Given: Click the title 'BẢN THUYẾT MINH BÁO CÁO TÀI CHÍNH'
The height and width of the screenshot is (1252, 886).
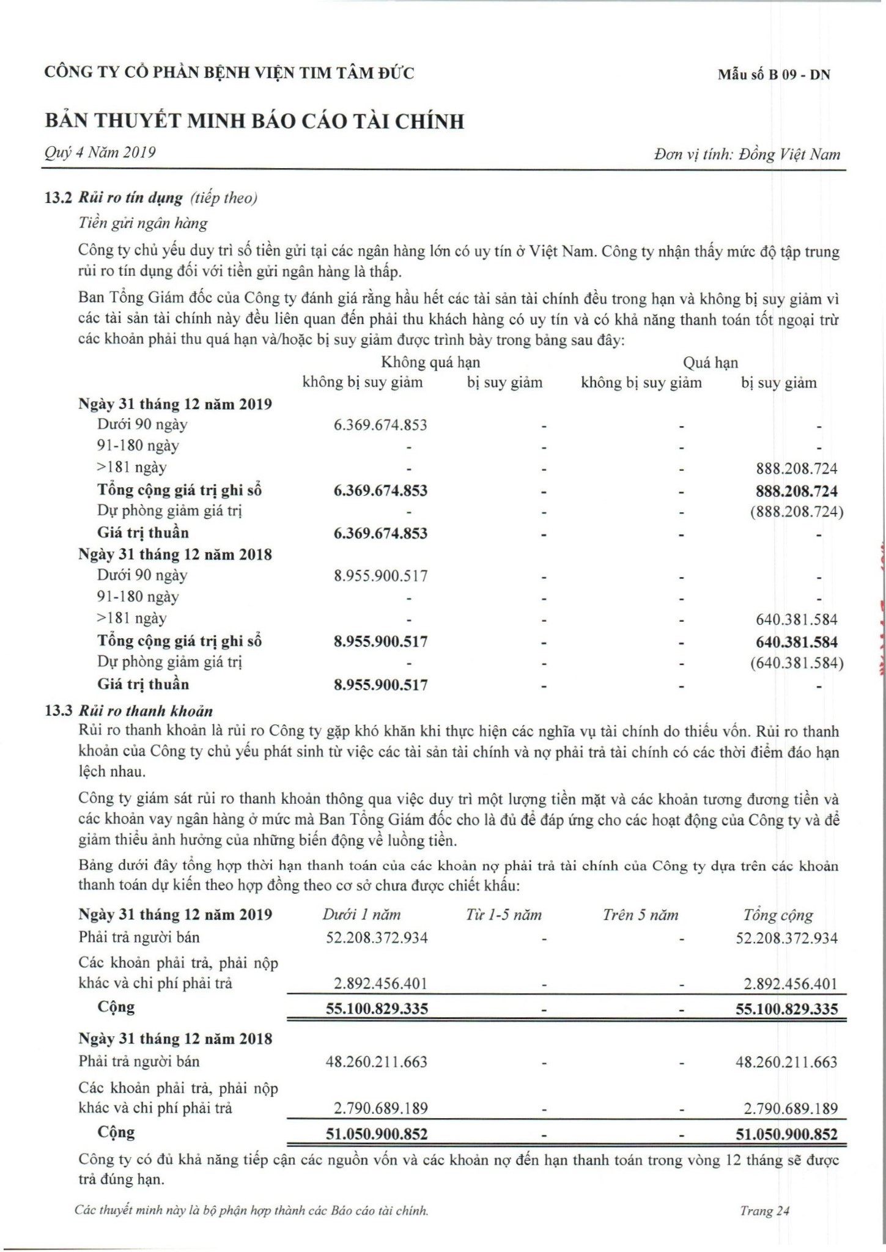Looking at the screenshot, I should coord(254,121).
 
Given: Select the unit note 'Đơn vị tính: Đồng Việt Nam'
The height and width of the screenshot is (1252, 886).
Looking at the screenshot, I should coord(747,154).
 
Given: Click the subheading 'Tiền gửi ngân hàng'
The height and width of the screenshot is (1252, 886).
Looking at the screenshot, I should coord(143,223).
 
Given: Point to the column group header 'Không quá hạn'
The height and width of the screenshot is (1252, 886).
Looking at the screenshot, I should coord(430,363).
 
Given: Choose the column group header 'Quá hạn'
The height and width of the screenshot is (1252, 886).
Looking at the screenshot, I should coord(710,363).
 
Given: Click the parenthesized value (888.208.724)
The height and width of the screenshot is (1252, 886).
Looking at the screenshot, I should coord(796,512).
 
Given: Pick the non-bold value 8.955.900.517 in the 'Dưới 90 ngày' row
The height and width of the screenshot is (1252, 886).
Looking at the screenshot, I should coord(380,576).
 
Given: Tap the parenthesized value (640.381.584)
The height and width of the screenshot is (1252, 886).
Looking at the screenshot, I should coord(796,663).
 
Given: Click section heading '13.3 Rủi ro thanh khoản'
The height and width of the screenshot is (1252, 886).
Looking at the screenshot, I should coord(129,711).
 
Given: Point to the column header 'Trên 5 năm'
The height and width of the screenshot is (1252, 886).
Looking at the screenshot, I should coord(640,915).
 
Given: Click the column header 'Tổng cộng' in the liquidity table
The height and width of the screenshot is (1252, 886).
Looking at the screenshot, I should coord(778,915).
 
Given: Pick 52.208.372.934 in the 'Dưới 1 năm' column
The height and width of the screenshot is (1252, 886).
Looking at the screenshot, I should coord(377,938).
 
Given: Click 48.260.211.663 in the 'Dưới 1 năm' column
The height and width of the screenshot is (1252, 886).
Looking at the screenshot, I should coord(377,1062).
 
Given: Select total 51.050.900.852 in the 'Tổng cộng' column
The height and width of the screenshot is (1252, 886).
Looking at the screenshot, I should coord(786,1134).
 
